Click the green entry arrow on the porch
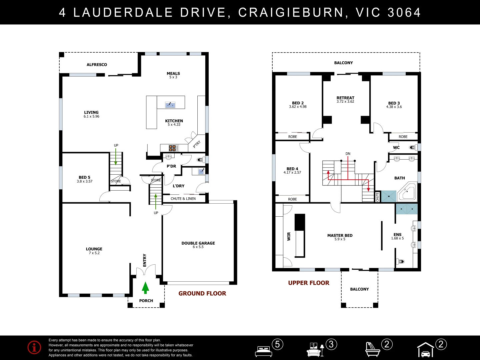[x=145, y=288]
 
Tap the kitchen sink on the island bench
[x=170, y=105]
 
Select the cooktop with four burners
[x=173, y=148]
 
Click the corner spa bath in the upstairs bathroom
[x=407, y=191]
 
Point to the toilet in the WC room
[x=413, y=148]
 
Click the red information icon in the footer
[x=34, y=347]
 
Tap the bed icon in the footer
[x=264, y=351]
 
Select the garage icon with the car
[x=426, y=350]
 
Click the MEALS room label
[x=173, y=73]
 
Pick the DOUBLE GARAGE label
[x=198, y=243]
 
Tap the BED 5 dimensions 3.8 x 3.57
[x=85, y=181]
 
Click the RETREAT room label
[x=345, y=98]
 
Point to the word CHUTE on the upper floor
[x=377, y=197]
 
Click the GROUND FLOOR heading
[x=202, y=293]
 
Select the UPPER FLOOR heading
[x=309, y=283]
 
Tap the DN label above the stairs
[x=348, y=154]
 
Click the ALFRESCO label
[x=97, y=64]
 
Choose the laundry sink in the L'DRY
[x=201, y=171]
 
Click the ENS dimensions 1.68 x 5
[x=397, y=238]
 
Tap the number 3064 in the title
[x=404, y=12]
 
